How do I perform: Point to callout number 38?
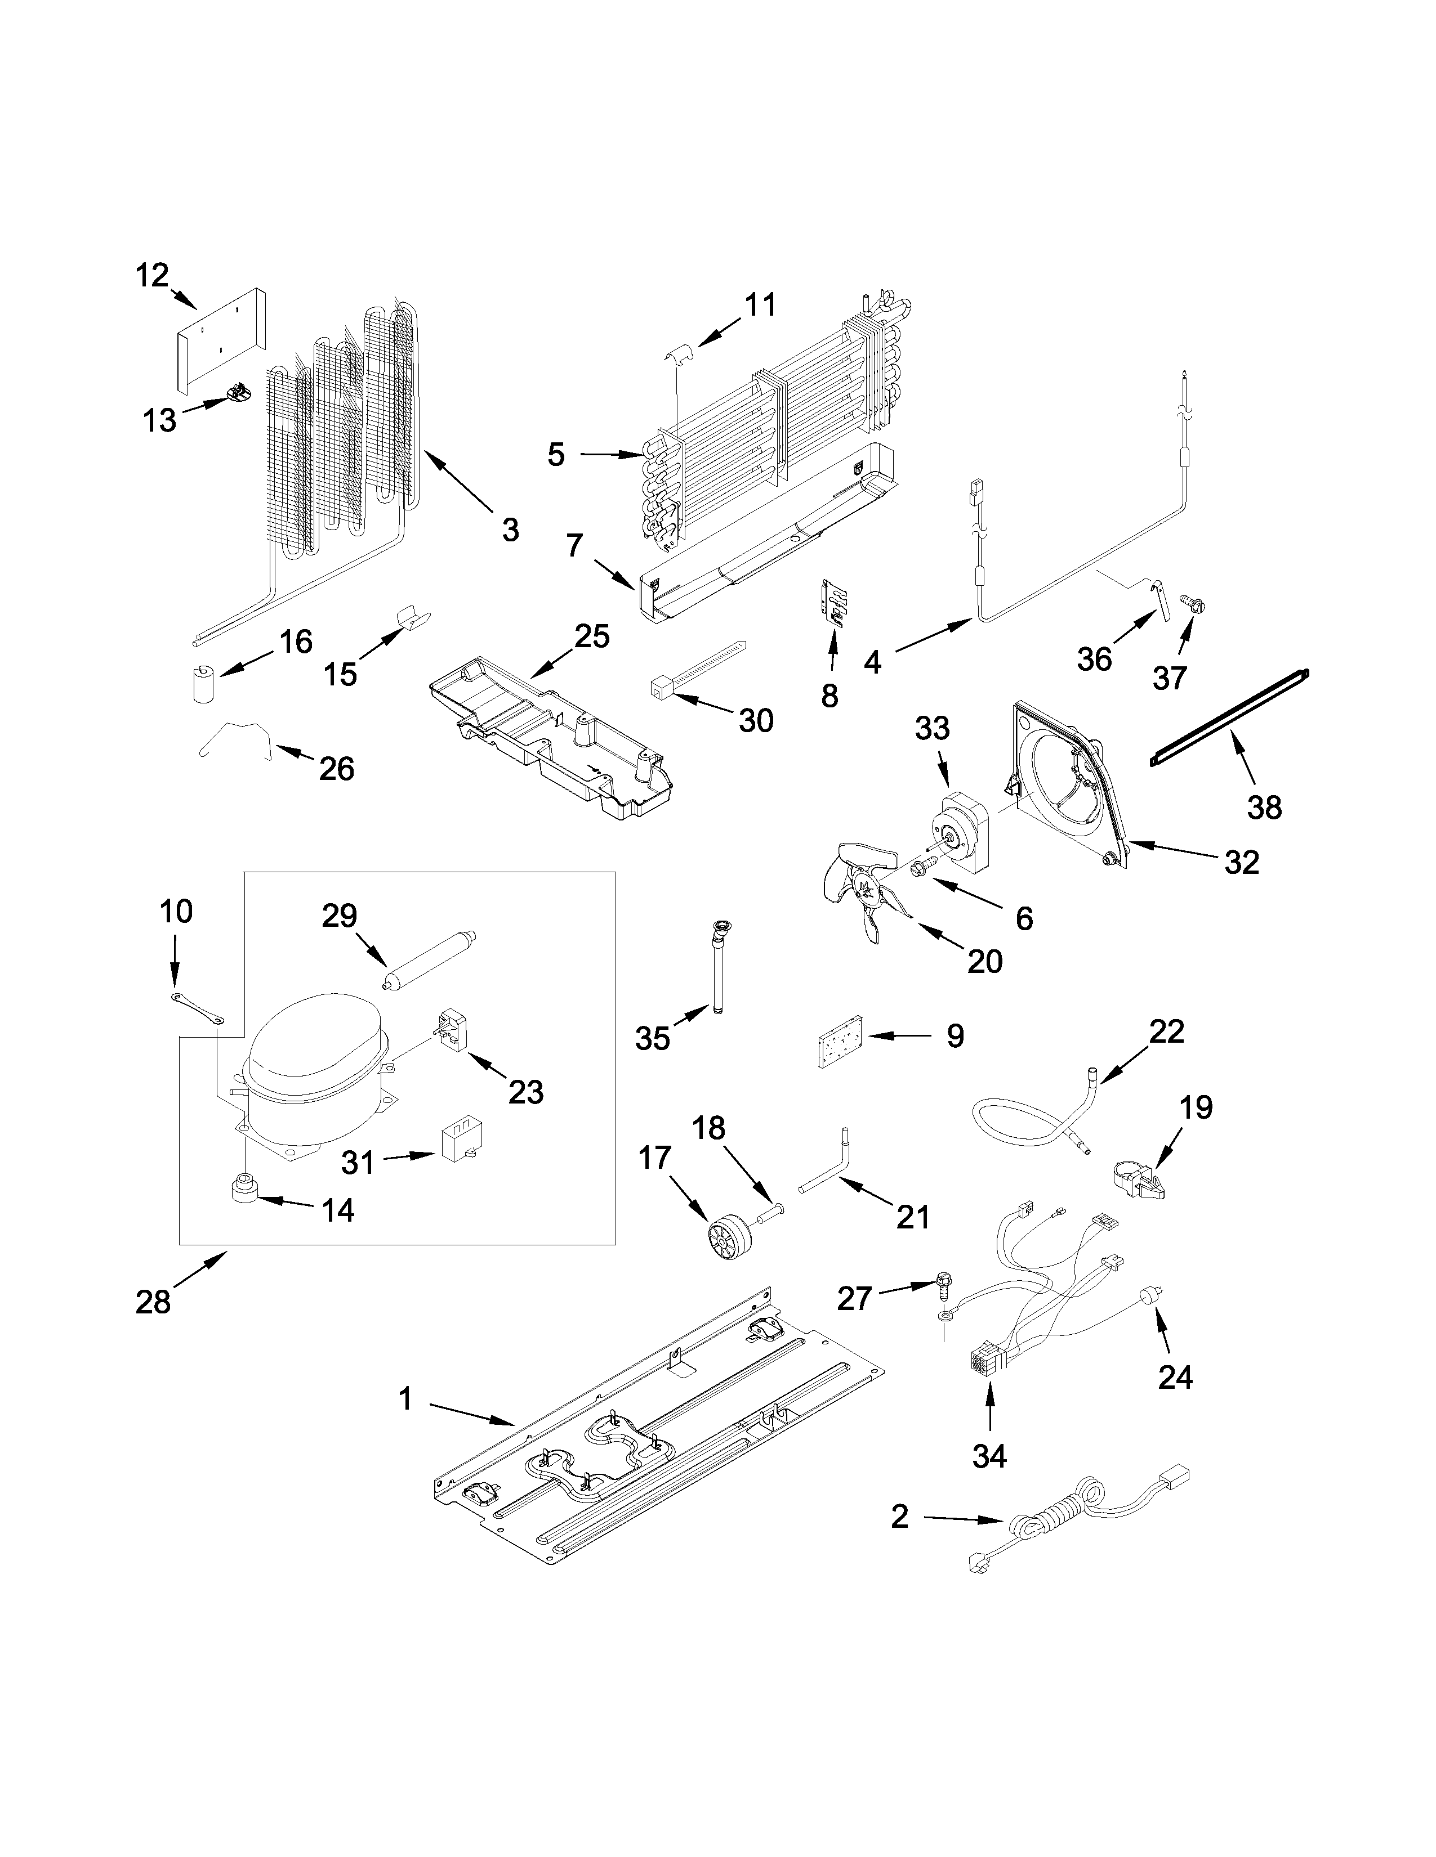pos(1264,807)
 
